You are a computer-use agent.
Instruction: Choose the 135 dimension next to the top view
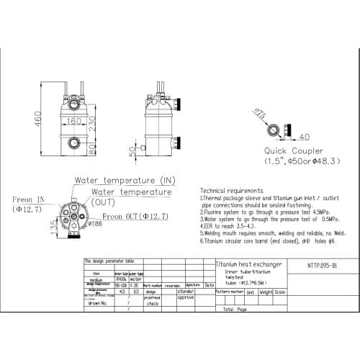point(55,225)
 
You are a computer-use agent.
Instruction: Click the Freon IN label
point(29,199)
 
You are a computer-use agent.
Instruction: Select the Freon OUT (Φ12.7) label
point(135,215)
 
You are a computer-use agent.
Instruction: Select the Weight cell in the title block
point(266,292)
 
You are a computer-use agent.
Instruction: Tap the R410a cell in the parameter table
point(121,279)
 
